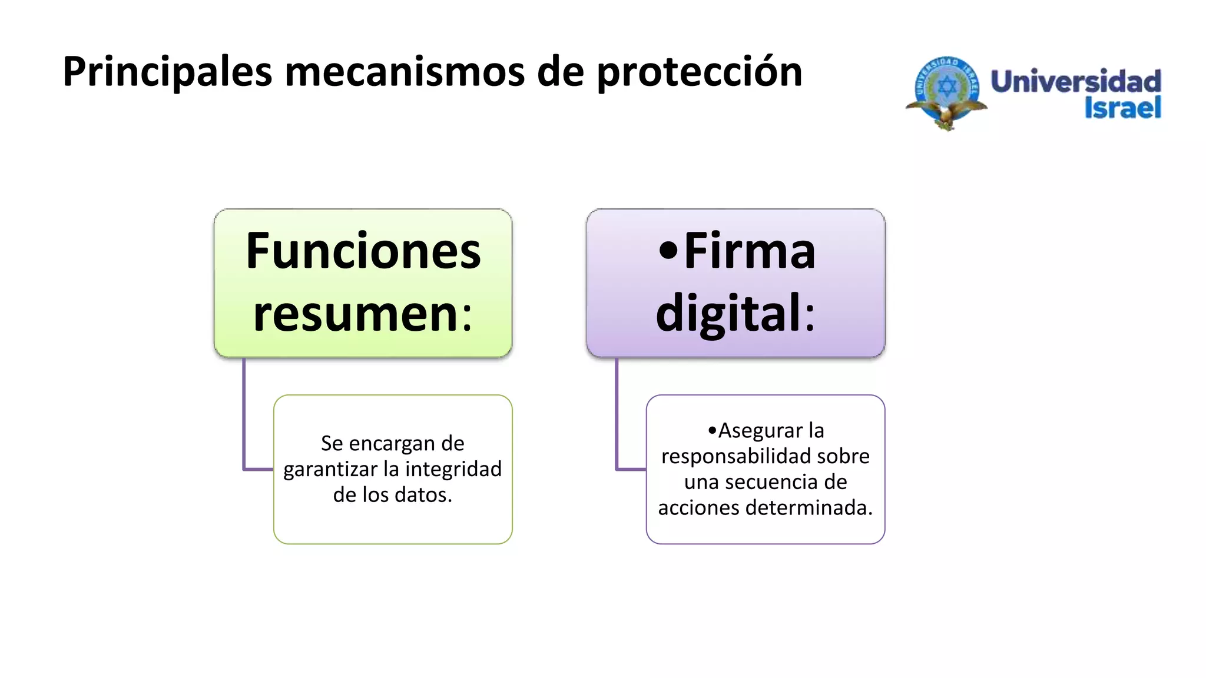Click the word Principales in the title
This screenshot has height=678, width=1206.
pyautogui.click(x=167, y=72)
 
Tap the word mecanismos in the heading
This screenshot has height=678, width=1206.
pyautogui.click(x=405, y=72)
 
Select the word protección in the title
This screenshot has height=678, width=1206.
pyautogui.click(x=700, y=72)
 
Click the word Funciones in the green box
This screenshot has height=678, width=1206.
pyautogui.click(x=363, y=251)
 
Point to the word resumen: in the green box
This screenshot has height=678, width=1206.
pyautogui.click(x=363, y=314)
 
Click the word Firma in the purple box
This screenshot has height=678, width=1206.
pyautogui.click(x=749, y=251)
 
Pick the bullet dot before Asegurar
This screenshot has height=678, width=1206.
pyautogui.click(x=713, y=431)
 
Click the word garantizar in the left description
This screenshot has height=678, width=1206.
pyautogui.click(x=330, y=469)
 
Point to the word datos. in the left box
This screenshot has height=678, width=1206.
pyautogui.click(x=423, y=495)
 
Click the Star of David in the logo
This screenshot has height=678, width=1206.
pyautogui.click(x=946, y=87)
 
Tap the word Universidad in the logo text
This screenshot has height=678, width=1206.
pyautogui.click(x=1076, y=81)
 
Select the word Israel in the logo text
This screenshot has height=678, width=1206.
pyautogui.click(x=1122, y=108)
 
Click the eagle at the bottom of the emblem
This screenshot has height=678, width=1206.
pyautogui.click(x=946, y=115)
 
